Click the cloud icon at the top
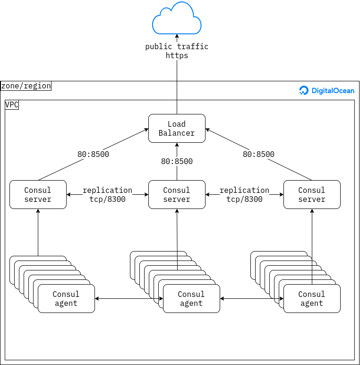[x=177, y=19]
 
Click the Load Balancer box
[x=177, y=128]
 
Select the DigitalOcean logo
[x=327, y=91]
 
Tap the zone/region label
[x=26, y=86]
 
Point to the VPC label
[x=12, y=104]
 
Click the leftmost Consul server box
[x=38, y=194]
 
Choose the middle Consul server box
[x=177, y=194]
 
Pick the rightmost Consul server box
[x=312, y=194]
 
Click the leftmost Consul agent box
[x=66, y=298]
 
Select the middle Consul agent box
[x=191, y=298]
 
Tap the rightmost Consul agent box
[x=312, y=298]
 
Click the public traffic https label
[x=177, y=51]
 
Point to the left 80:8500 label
[x=94, y=154]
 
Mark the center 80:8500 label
[x=177, y=161]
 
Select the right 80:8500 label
[x=258, y=154]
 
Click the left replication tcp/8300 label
[x=107, y=194]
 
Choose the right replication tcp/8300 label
[x=244, y=194]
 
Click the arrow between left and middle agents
[x=129, y=298]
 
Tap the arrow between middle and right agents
[x=251, y=298]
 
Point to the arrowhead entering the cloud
[x=177, y=36]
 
